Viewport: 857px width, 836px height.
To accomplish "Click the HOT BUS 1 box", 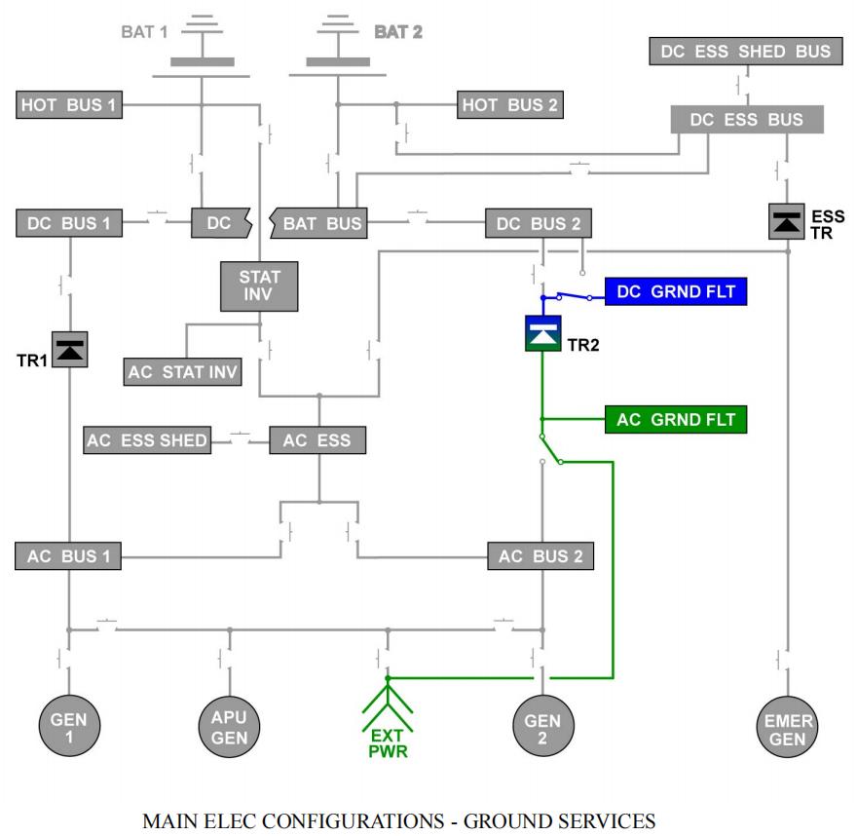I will point(69,104).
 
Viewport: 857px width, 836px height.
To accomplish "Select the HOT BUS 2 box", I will point(509,104).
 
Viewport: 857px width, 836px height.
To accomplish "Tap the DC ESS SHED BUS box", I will point(746,52).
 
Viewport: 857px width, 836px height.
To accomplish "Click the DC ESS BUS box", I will point(747,119).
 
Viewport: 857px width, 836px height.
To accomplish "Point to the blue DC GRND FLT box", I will point(676,291).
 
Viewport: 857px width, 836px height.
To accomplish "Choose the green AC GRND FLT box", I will point(676,420).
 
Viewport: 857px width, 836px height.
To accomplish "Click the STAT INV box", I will point(259,285).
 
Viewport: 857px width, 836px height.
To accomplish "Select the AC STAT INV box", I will point(183,372).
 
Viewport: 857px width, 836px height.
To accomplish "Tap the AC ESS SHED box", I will point(147,440).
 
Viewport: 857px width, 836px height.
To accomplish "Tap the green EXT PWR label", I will point(388,743).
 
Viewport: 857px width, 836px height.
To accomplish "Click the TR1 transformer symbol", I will point(69,350).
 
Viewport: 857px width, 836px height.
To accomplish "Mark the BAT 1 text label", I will point(144,31).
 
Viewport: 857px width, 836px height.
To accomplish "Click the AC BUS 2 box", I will point(540,556).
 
